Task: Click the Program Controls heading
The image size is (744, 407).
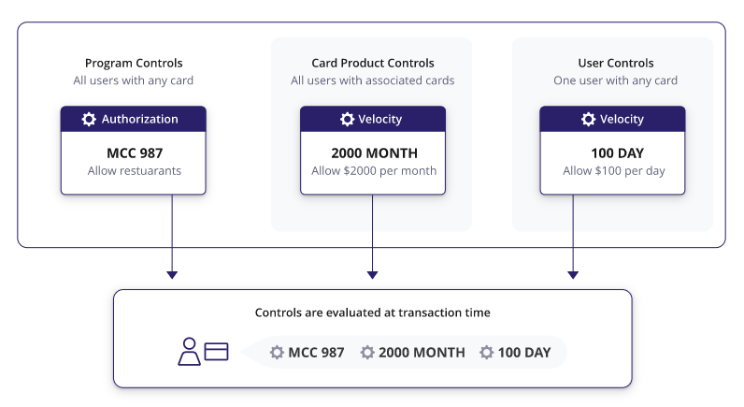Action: tap(134, 64)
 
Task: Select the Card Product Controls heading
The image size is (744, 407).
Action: tap(373, 64)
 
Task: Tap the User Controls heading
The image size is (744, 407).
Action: tap(615, 64)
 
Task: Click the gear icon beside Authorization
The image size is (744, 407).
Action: tap(89, 119)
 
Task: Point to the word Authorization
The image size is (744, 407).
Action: tap(140, 119)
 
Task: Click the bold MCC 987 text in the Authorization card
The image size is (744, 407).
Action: tap(135, 153)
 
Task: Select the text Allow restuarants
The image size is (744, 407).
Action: tap(135, 170)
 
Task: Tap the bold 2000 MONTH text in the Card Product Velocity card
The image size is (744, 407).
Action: tap(375, 153)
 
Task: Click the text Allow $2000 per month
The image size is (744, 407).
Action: tap(374, 170)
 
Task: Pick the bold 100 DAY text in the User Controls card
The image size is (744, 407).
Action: tap(617, 153)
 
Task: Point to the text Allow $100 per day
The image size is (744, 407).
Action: tap(614, 171)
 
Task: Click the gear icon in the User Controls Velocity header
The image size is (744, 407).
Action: tap(588, 119)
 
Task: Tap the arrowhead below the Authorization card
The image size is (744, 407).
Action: tap(172, 275)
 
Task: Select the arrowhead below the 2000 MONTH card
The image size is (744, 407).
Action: tap(373, 275)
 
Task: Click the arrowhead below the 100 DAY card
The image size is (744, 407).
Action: tap(573, 275)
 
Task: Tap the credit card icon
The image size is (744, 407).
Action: tap(216, 352)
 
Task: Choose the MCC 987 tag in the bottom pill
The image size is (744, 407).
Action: tap(307, 353)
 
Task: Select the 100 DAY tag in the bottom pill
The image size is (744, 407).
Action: tap(515, 353)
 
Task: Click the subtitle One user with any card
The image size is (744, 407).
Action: tap(615, 80)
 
